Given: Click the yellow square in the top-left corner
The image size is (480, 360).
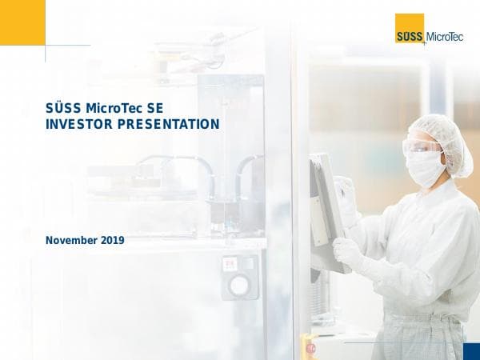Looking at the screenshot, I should coord(22,22).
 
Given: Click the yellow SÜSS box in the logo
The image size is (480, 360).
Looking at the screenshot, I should coord(410,30).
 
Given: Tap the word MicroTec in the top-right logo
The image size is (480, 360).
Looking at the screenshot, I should coord(445,35).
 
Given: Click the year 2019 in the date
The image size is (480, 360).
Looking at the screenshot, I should coord(113,239).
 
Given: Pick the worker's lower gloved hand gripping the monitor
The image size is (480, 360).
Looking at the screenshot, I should coord(348,253).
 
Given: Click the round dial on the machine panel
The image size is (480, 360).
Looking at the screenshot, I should coord(239,285).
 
